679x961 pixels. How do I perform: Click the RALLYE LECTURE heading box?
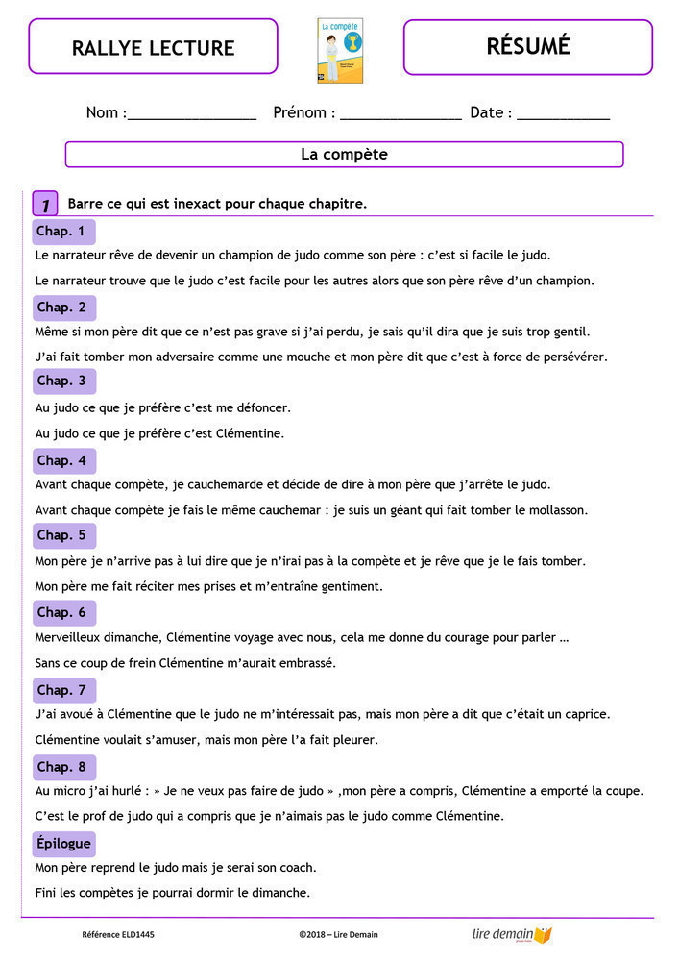(x=153, y=47)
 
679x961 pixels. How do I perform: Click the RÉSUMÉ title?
(x=527, y=46)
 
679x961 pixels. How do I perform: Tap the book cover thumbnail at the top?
(x=340, y=50)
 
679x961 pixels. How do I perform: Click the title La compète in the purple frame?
(x=344, y=154)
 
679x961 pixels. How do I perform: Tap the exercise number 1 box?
(x=45, y=205)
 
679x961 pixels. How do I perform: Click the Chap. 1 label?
(x=61, y=232)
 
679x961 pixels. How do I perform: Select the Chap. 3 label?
(x=61, y=382)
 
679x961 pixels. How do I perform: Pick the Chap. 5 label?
(x=61, y=535)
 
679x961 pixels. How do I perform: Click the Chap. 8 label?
(x=61, y=767)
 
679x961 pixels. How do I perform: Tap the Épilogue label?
(x=63, y=844)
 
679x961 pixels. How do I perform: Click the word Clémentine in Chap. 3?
(x=251, y=433)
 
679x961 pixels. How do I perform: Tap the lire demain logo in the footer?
(x=513, y=934)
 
